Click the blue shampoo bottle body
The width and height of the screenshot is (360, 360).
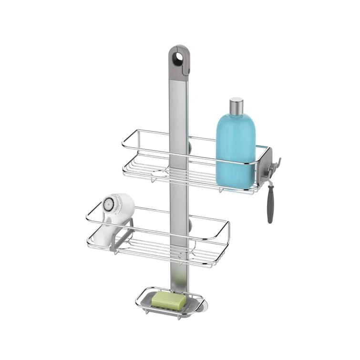tap(236, 148)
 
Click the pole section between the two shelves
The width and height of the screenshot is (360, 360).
tap(179, 200)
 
